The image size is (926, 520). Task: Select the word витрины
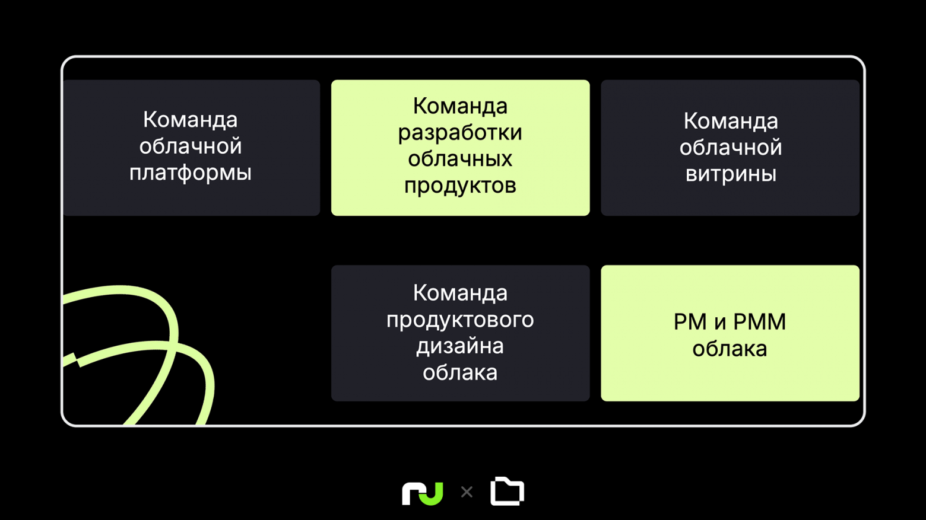coord(731,174)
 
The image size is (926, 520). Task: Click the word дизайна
coord(460,346)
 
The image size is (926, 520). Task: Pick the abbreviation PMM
coord(760,322)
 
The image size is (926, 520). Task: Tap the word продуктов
coord(460,186)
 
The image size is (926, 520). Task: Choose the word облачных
coord(460,159)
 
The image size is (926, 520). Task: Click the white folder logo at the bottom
coord(508,491)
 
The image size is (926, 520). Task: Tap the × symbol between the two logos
coord(467,492)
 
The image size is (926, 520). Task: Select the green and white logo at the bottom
coord(423,493)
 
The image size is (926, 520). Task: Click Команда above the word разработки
coord(460,107)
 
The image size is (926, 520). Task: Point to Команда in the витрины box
coord(731,121)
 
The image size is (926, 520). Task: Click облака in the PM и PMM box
coord(730,349)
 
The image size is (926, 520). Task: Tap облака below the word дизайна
coord(460,372)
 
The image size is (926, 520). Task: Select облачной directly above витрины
coord(731,148)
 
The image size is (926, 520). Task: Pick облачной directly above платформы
coord(190,146)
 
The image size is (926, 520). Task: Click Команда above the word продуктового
coord(460,294)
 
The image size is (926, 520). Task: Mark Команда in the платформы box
coord(190,120)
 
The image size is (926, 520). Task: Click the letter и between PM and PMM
coord(720,323)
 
